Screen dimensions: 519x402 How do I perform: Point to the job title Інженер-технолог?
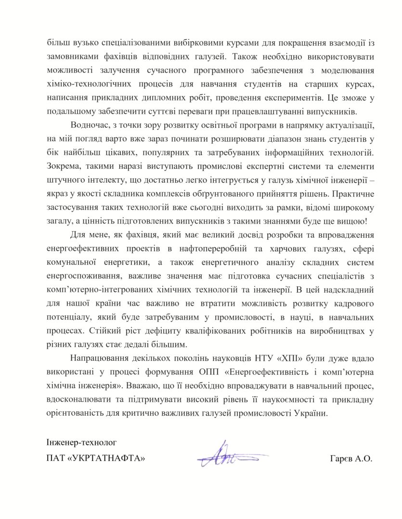click(x=82, y=441)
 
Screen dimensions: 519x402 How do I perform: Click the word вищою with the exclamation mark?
click(x=353, y=222)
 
